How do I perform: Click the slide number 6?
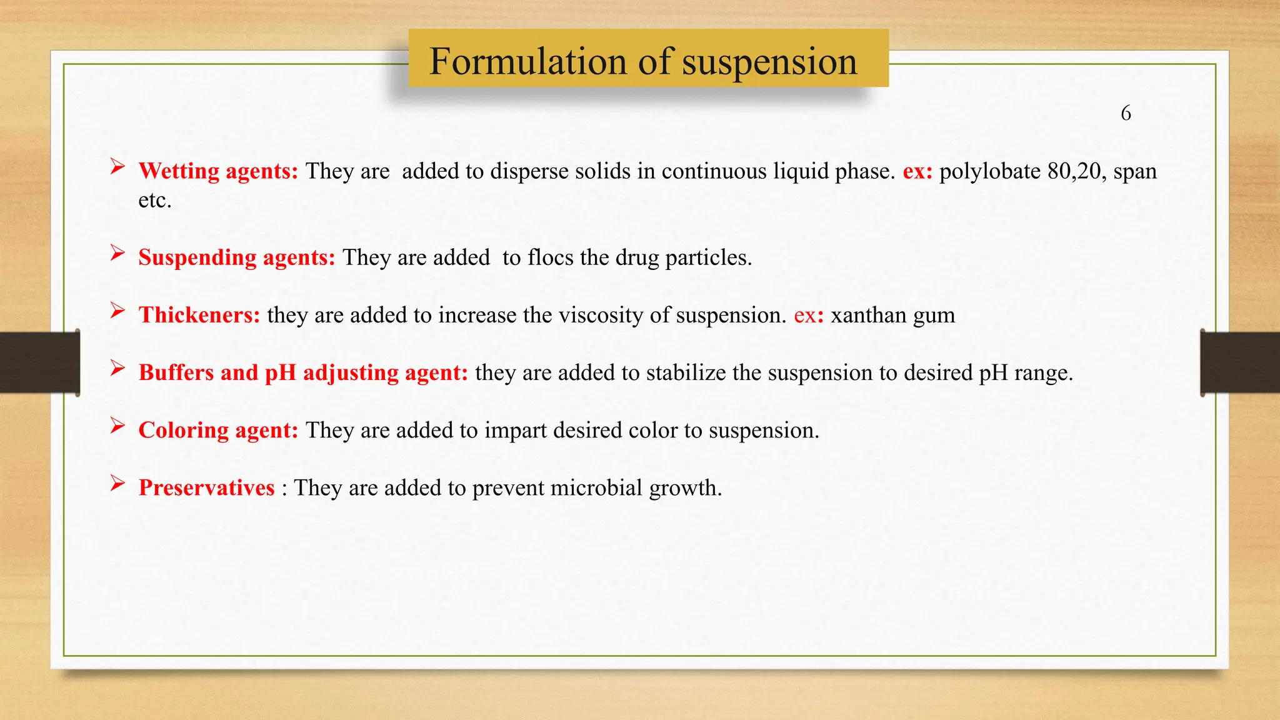click(x=1126, y=113)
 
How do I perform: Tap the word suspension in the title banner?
click(x=769, y=62)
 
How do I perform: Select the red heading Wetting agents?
click(x=218, y=171)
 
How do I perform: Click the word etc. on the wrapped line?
click(x=154, y=200)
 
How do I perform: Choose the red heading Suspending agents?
click(x=237, y=257)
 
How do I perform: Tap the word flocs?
click(x=550, y=257)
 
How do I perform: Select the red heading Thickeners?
click(x=199, y=314)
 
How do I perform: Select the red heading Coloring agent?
click(x=218, y=429)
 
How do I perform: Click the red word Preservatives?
click(x=206, y=487)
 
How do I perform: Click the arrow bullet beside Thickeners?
click(x=117, y=310)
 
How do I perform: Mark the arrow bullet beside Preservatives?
click(x=117, y=482)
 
